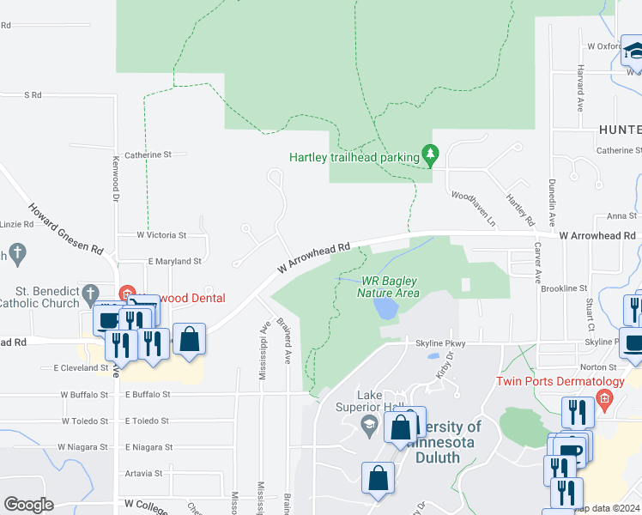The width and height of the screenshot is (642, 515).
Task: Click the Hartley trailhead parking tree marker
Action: click(x=431, y=155)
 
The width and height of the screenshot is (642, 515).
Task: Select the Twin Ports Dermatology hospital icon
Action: click(x=604, y=397)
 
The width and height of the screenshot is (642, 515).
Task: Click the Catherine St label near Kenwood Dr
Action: click(x=148, y=155)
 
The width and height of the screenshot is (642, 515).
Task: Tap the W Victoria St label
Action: click(x=161, y=234)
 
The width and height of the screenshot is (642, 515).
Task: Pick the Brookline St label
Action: click(x=564, y=288)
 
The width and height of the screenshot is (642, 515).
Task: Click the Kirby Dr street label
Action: click(x=444, y=372)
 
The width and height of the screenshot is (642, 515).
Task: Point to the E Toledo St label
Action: click(x=148, y=421)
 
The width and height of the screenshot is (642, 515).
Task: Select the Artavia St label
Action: click(x=143, y=473)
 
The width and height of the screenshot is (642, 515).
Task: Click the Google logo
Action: click(x=28, y=504)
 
